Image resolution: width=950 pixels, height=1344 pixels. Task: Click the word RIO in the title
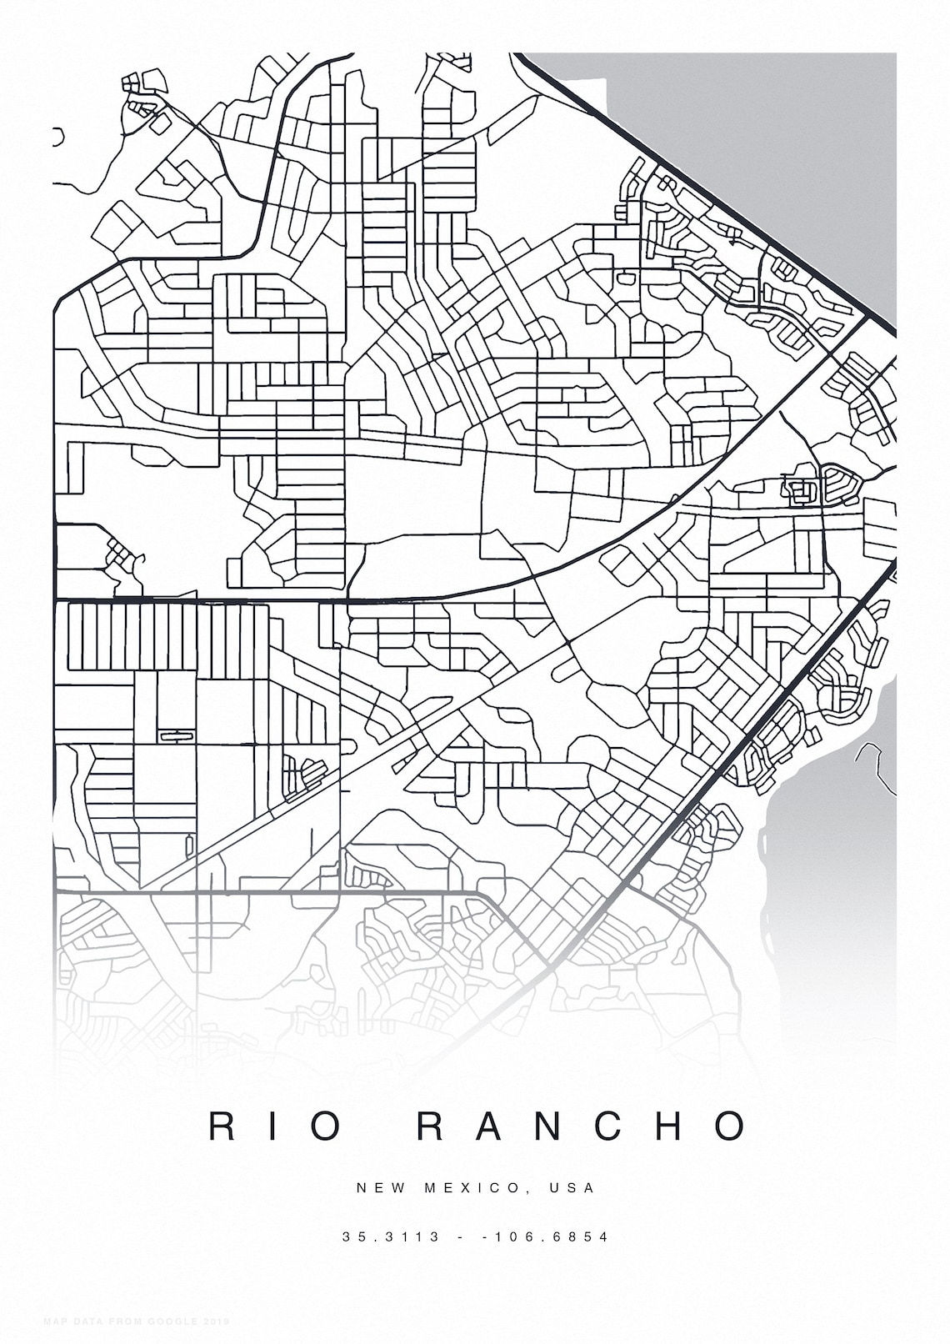coord(275,1126)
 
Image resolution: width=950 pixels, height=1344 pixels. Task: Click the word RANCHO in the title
coord(582,1126)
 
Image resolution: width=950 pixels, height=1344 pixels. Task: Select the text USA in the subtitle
coord(572,1187)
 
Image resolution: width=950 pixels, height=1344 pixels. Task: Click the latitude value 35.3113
coord(391,1236)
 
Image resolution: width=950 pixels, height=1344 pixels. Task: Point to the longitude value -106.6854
coord(546,1236)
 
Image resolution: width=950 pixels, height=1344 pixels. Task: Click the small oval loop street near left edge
coord(175,735)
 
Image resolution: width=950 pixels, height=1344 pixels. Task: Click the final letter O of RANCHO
coord(731,1126)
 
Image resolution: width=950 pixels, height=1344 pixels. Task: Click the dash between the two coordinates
coord(461,1236)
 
